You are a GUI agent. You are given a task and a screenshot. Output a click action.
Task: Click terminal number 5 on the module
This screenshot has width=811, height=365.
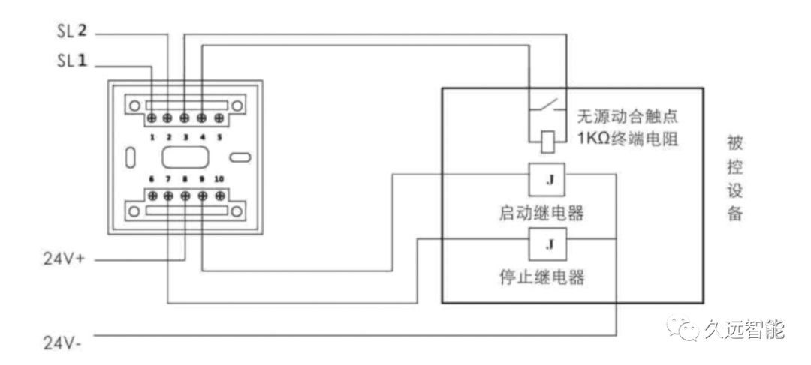[219, 137]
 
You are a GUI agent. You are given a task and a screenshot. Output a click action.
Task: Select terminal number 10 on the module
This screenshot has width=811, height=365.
[219, 178]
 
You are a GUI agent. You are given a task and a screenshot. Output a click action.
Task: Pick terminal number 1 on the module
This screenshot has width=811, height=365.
[152, 137]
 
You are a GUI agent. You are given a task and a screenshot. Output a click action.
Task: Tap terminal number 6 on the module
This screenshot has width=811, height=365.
[152, 178]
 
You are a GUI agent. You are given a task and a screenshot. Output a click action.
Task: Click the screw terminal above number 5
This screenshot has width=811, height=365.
[219, 118]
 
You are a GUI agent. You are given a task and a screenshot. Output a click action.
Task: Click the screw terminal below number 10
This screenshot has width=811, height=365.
[219, 196]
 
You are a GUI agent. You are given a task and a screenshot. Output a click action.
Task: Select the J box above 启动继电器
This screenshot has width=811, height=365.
[547, 179]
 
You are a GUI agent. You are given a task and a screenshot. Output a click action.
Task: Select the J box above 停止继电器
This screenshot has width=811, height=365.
[547, 244]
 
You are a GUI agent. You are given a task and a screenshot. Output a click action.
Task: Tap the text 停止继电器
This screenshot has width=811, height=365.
[541, 277]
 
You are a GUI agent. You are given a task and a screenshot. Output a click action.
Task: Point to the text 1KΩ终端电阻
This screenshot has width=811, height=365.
[628, 139]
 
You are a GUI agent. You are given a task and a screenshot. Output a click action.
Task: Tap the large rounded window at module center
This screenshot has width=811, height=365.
[185, 159]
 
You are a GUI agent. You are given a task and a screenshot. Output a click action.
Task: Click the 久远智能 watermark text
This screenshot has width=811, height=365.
[743, 329]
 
